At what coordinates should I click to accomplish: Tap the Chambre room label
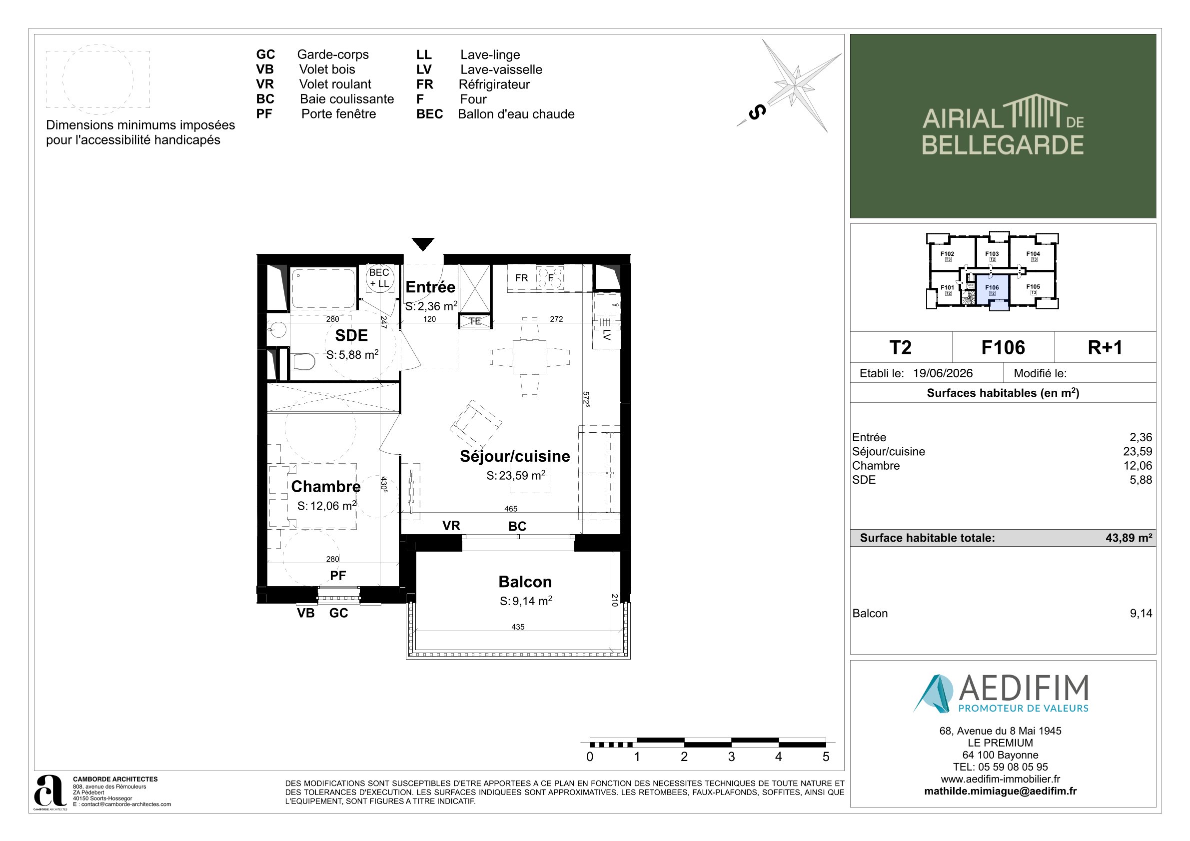click(x=325, y=486)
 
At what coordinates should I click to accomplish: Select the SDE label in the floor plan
click(x=351, y=335)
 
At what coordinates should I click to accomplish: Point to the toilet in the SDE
click(x=303, y=361)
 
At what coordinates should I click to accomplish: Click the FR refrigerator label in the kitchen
click(x=521, y=278)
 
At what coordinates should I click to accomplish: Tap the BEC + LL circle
click(x=379, y=278)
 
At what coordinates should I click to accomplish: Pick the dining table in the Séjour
click(x=529, y=356)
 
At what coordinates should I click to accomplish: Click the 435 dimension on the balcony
click(x=518, y=627)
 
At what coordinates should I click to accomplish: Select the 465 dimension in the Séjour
click(x=510, y=509)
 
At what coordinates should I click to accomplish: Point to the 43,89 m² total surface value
click(x=1129, y=538)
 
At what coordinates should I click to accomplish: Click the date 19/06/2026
click(x=943, y=373)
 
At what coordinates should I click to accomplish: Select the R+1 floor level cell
click(x=1105, y=347)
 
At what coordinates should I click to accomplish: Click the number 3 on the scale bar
click(x=731, y=757)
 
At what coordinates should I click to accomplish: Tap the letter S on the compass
click(x=757, y=112)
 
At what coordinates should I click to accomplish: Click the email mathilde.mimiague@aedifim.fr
click(x=1000, y=791)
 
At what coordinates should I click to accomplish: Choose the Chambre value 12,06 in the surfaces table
click(x=1138, y=465)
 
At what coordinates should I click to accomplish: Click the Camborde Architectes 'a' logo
click(x=50, y=791)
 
